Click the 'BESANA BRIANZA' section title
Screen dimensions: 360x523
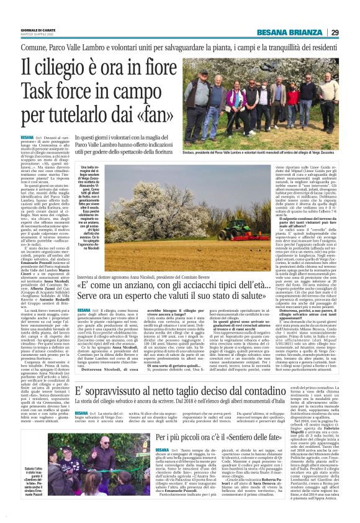[x=301, y=33]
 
